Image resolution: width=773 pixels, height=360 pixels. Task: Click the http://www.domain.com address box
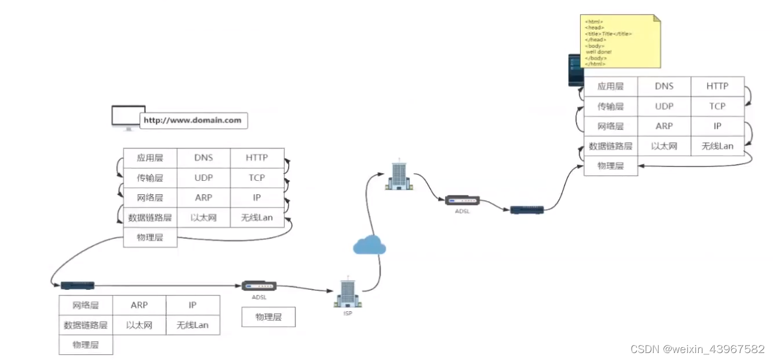[193, 121]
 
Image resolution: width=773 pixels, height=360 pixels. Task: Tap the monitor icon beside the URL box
[127, 117]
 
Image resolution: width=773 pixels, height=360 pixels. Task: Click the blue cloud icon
[369, 245]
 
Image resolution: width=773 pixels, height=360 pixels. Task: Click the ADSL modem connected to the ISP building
[259, 286]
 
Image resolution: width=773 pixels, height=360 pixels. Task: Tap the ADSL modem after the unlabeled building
[462, 201]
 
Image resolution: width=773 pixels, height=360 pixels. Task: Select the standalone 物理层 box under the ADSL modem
[268, 317]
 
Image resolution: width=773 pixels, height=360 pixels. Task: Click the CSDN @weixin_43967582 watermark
[697, 349]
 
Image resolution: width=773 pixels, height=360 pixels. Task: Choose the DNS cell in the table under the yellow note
[664, 86]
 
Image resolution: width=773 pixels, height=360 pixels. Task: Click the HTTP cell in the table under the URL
[257, 158]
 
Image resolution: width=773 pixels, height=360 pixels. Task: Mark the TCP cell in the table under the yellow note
[717, 106]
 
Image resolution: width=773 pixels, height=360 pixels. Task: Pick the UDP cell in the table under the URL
[203, 177]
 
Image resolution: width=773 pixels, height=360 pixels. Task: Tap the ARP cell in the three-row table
[139, 305]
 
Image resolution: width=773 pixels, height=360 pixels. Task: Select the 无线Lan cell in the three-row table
[192, 325]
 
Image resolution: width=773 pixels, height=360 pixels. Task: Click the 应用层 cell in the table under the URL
[150, 158]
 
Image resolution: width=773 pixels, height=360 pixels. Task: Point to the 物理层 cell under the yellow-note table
[611, 166]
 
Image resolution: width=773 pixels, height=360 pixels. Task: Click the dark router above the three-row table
[78, 285]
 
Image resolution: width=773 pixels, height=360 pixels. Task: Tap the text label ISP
[347, 313]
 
